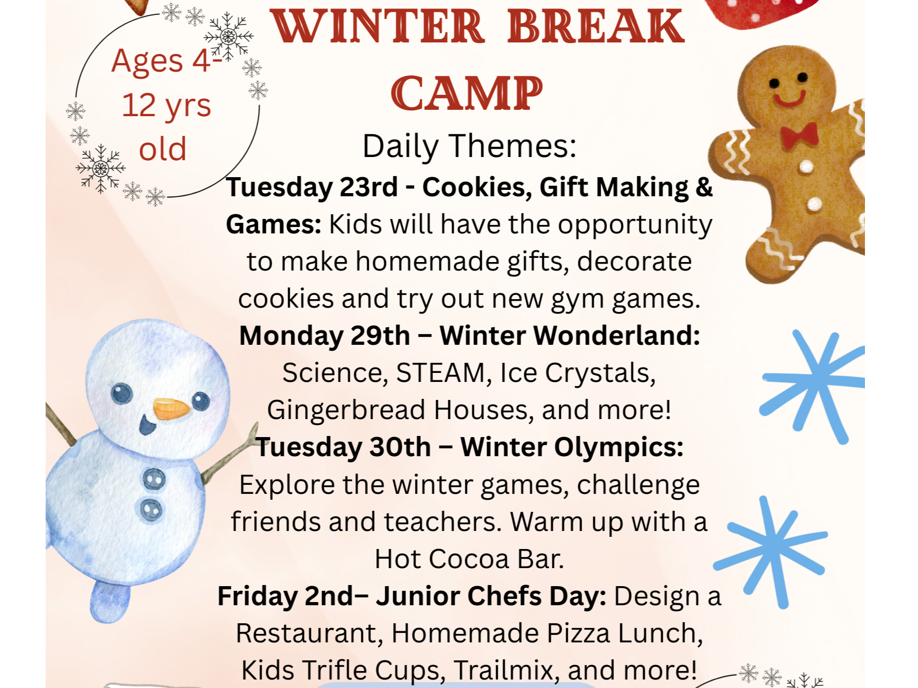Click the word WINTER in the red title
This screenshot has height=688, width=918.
point(378,26)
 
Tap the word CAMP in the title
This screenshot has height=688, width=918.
point(467,93)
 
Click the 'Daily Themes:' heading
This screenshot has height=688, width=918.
point(470,146)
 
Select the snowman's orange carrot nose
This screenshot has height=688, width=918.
point(171,409)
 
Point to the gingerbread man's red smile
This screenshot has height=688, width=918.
point(789,99)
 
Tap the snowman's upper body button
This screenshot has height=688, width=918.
point(154,480)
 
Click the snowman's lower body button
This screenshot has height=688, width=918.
point(151,510)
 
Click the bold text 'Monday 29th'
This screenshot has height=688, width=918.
point(325,336)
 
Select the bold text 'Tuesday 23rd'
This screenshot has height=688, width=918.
point(312,188)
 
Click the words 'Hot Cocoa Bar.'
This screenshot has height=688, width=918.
point(470,559)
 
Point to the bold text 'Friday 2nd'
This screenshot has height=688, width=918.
point(285,596)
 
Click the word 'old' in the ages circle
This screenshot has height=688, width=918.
point(163,149)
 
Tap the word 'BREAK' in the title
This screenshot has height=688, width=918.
point(595,26)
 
